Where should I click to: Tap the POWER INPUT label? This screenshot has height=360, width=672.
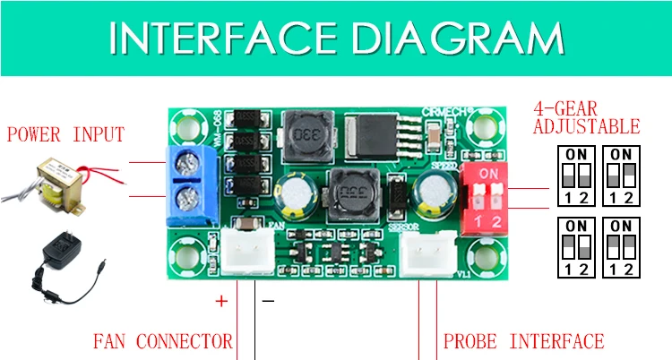point(65,135)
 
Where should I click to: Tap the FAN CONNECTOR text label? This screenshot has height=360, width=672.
point(162,341)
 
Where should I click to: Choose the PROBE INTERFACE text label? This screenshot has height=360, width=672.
point(523,341)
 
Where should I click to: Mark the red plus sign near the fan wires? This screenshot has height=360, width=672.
point(222,301)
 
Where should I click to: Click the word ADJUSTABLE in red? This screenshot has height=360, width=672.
point(586,126)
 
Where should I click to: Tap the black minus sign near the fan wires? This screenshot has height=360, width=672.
point(267,302)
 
